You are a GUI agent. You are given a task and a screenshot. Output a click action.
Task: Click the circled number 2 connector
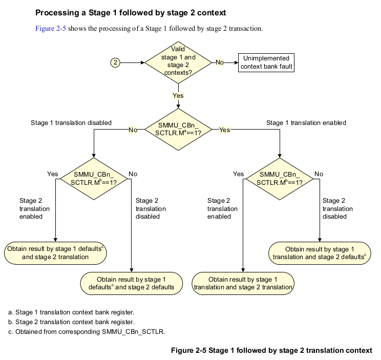click(x=116, y=62)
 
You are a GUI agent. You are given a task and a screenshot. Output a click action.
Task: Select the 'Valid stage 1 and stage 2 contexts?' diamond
click(x=178, y=62)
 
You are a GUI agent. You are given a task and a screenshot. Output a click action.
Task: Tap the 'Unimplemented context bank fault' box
click(x=266, y=62)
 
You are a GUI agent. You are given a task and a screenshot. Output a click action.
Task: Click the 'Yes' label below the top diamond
click(x=178, y=95)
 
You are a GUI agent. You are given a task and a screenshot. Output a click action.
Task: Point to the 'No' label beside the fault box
click(x=220, y=62)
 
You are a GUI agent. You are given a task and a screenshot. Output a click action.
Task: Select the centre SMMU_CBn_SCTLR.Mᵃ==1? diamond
click(x=178, y=130)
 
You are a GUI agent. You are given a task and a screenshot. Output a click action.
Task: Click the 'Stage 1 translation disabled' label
click(x=71, y=123)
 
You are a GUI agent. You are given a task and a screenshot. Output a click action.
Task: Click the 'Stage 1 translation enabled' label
click(x=306, y=123)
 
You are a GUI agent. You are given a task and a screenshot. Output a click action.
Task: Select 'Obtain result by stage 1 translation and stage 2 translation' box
click(x=243, y=283)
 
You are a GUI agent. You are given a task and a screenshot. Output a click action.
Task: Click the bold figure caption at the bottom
click(x=271, y=350)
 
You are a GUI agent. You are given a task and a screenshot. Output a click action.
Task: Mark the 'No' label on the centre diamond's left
click(x=133, y=130)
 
